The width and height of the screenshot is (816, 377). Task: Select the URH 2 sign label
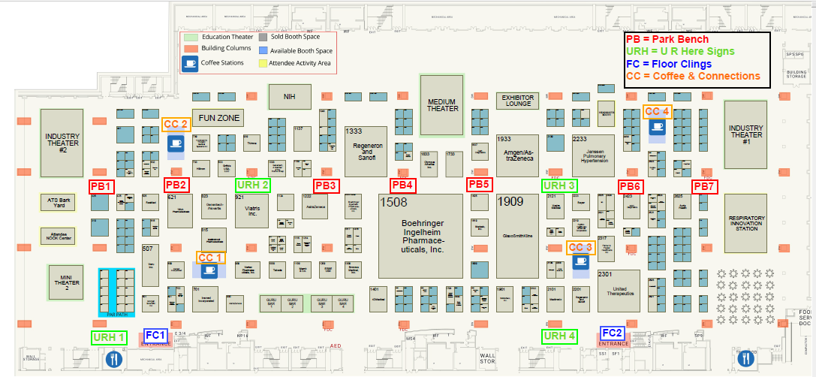coord(253,185)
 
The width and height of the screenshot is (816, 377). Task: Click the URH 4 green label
coord(560,336)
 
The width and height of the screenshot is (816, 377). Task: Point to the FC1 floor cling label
coord(155,335)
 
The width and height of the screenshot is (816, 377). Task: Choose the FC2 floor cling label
coord(612,333)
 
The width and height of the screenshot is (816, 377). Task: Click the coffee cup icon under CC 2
coord(176,143)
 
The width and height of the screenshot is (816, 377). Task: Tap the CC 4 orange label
coord(657,111)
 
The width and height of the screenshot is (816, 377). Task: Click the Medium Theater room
coord(442,105)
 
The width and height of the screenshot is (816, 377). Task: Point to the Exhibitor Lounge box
coord(517,101)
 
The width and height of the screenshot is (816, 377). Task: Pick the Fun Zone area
coord(218,118)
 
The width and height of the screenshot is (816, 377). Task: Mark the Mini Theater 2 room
coord(65,282)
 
